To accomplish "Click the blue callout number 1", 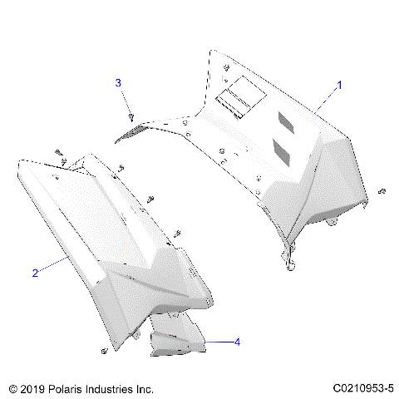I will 338,86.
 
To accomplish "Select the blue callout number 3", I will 118,82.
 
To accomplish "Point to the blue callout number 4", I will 237,342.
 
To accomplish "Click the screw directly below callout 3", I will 131,116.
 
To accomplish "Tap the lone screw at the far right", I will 382,191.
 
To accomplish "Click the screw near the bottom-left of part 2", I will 103,352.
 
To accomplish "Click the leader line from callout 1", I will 326,100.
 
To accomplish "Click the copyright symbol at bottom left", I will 12,388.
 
